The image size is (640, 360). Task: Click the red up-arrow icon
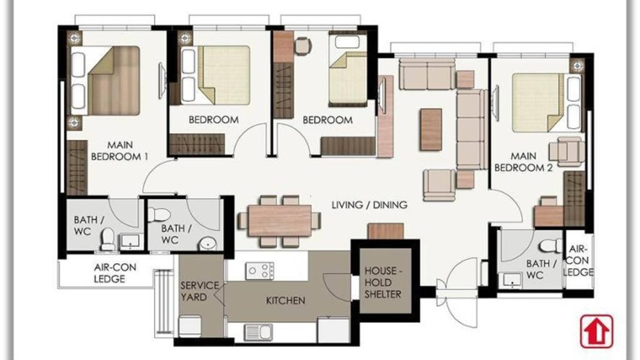click(596, 331)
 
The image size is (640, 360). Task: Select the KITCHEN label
click(286, 301)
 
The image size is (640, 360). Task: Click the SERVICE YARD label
click(199, 291)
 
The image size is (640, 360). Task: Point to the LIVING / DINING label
click(369, 204)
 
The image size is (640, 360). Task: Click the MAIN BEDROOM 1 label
click(119, 151)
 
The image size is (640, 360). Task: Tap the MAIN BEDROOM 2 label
click(523, 162)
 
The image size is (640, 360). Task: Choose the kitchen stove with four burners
click(259, 271)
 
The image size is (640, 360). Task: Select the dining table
click(279, 221)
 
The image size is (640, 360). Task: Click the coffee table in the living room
click(431, 129)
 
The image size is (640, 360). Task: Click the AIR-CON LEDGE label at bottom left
click(115, 272)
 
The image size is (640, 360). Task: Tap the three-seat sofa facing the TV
click(471, 130)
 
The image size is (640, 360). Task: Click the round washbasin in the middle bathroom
click(207, 244)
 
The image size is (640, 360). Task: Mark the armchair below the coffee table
click(439, 184)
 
